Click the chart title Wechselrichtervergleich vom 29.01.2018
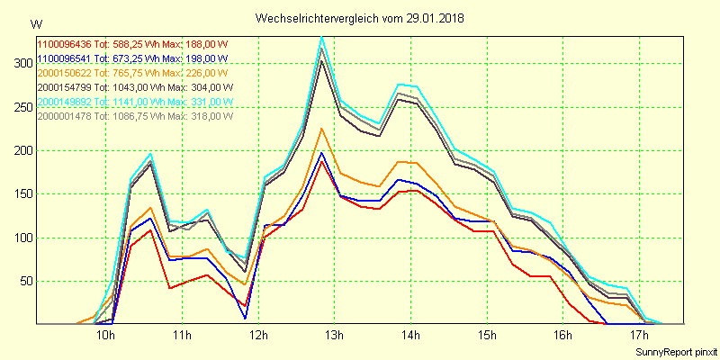point(360,18)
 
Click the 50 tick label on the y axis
point(22,281)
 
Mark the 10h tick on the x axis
point(105,336)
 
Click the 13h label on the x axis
point(335,336)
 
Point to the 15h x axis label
point(487,336)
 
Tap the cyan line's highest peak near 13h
point(322,38)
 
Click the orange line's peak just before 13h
point(322,129)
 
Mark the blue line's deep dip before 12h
point(245,318)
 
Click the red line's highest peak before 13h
point(322,161)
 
